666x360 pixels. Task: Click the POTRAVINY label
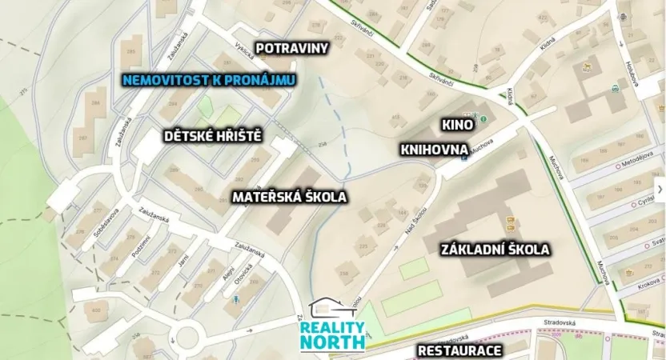(x=291, y=48)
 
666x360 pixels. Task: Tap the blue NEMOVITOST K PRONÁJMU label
(x=209, y=80)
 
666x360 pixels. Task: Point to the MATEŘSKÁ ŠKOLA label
(x=289, y=196)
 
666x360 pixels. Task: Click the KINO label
(x=458, y=125)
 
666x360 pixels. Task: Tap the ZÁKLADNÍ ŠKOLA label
(x=495, y=250)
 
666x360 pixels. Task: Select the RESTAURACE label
(x=459, y=350)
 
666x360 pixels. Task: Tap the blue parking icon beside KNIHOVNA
(x=465, y=158)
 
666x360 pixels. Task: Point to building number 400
(x=98, y=310)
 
